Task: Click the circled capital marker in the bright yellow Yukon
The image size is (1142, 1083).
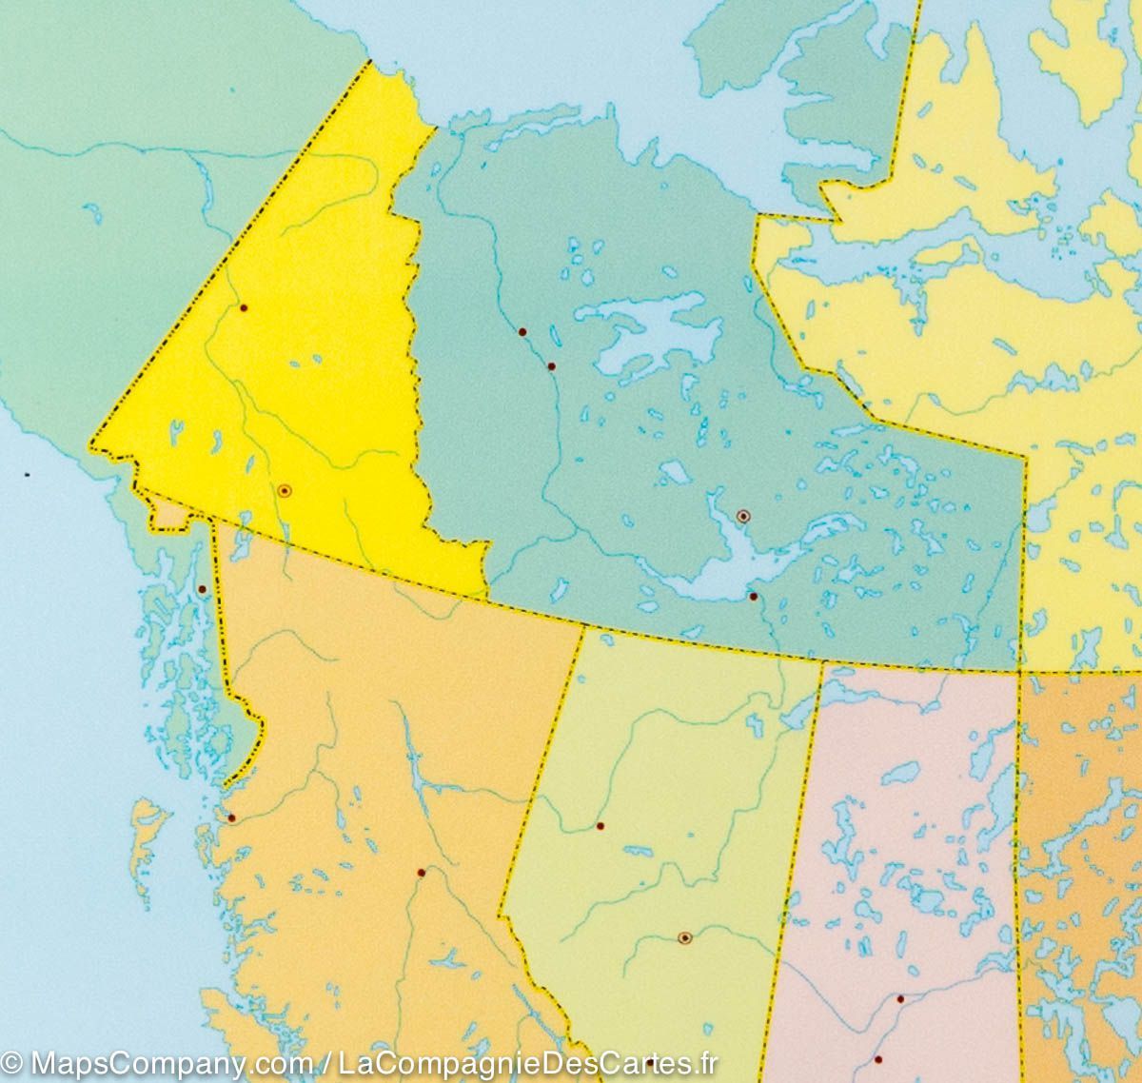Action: coord(284,490)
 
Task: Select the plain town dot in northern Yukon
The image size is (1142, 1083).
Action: coord(244,308)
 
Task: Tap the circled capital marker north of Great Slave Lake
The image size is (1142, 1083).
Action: coord(743,516)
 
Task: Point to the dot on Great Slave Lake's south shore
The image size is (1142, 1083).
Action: coord(753,597)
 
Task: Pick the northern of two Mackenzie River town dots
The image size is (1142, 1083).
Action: coord(522,332)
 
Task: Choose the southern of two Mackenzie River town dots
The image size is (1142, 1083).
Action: coord(551,366)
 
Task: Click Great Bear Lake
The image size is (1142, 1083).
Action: coord(657,328)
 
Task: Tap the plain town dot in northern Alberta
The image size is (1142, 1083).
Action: coord(600,825)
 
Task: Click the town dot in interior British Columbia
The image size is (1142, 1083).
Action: coord(421,873)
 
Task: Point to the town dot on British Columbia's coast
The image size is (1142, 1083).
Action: coord(231,817)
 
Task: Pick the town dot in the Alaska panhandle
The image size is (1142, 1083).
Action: coord(202,589)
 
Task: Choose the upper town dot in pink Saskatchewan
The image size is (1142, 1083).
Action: coord(899,998)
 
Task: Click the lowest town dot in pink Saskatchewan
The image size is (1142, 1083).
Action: coord(877,1059)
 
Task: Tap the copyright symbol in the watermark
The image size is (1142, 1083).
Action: coord(12,1063)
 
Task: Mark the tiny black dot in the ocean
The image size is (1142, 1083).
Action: coord(27,474)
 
